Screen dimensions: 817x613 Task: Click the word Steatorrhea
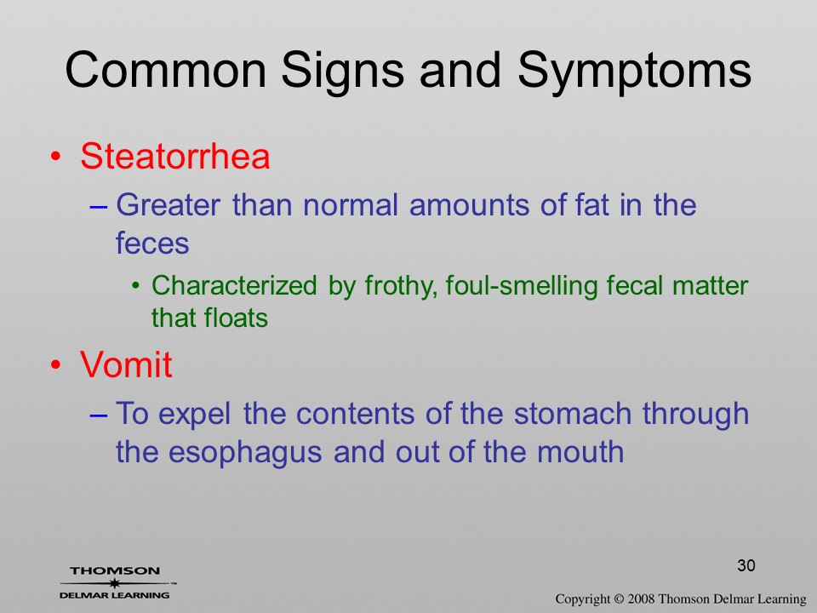click(x=175, y=156)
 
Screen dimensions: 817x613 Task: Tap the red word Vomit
click(x=126, y=364)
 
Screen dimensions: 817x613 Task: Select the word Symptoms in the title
click(x=634, y=72)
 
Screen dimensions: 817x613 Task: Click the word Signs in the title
click(x=342, y=72)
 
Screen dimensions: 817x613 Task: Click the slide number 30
click(x=746, y=565)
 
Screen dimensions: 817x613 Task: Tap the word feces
click(x=152, y=243)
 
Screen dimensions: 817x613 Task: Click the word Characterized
click(x=234, y=286)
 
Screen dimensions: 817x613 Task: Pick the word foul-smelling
click(x=522, y=287)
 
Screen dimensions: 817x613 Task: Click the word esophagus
click(x=245, y=452)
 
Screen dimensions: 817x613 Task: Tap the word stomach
click(x=573, y=414)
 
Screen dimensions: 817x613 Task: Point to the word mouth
click(x=580, y=451)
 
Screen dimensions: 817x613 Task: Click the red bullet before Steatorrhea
click(x=56, y=157)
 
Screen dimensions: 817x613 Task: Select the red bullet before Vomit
click(x=56, y=365)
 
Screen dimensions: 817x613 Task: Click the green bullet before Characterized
click(x=136, y=286)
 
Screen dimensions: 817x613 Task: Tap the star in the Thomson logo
click(x=114, y=583)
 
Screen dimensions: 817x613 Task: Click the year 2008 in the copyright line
click(x=642, y=599)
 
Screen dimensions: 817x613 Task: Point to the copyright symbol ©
click(x=619, y=599)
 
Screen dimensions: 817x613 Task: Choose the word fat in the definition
click(x=592, y=204)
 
